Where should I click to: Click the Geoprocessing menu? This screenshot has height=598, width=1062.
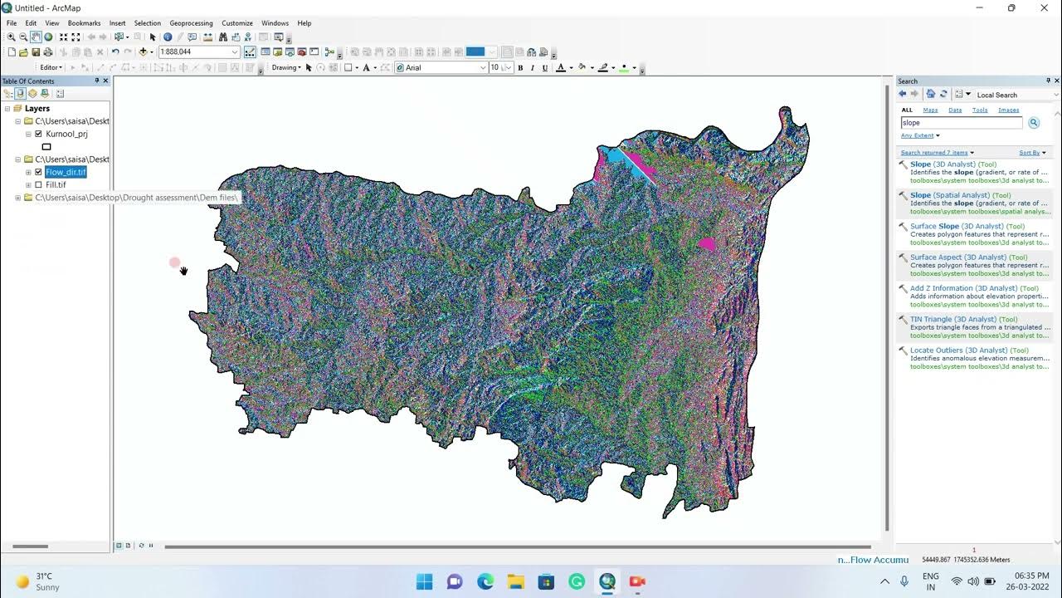[x=191, y=23]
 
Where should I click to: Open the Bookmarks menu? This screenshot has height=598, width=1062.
[x=84, y=23]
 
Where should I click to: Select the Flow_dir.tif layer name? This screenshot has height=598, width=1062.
[x=66, y=172]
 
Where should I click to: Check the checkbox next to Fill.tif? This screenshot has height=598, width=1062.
[x=38, y=184]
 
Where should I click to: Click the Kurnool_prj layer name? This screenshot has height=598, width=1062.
[x=66, y=134]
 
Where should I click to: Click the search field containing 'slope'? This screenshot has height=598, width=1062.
[x=961, y=123]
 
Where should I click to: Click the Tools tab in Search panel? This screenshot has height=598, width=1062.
[x=980, y=110]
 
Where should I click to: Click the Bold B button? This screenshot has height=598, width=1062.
[x=520, y=67]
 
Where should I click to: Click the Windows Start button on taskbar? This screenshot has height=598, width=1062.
[x=424, y=581]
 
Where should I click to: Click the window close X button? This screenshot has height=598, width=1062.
[x=1044, y=8]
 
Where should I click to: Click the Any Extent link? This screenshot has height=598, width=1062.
[x=918, y=135]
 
